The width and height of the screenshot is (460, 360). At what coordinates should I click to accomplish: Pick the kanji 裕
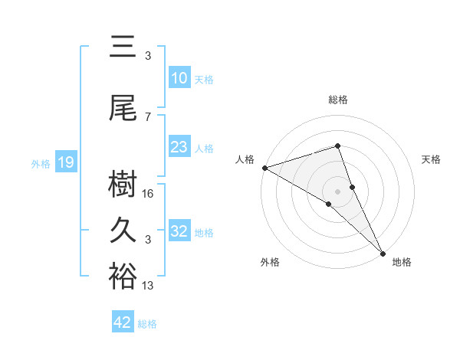click(123, 277)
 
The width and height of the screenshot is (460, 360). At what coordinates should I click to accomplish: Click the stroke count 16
click(149, 194)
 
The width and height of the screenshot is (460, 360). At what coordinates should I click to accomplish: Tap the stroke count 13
click(149, 286)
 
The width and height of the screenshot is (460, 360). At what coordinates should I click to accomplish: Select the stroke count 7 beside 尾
click(148, 117)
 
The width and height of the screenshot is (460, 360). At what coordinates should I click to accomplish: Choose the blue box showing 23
click(179, 147)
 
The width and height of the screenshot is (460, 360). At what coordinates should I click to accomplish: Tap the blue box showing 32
click(179, 231)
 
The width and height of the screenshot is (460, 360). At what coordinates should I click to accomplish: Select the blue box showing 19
click(65, 162)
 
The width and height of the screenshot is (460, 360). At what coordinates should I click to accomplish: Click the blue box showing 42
click(123, 322)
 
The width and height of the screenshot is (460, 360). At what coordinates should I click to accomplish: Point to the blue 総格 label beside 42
click(147, 324)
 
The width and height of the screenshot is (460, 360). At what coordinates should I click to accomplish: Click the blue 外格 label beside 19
click(41, 163)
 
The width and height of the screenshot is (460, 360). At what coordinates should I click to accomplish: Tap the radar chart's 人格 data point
click(264, 168)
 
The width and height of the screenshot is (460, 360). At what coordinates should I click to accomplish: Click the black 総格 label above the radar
click(338, 100)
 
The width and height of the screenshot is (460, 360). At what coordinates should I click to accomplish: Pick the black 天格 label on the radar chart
click(432, 159)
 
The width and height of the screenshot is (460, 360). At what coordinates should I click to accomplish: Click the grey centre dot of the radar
click(338, 191)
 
